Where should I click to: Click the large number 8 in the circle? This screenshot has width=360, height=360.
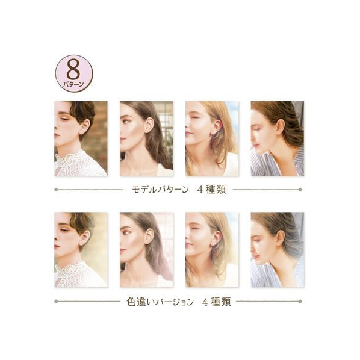click(73, 70)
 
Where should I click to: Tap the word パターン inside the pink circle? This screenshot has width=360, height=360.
click(73, 84)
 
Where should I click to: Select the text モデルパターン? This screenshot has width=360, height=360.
click(160, 190)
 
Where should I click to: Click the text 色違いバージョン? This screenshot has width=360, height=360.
click(160, 302)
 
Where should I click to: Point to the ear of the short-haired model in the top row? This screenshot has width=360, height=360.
click(84, 126)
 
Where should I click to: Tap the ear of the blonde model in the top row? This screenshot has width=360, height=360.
click(216, 127)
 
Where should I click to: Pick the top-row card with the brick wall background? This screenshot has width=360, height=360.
click(81, 138)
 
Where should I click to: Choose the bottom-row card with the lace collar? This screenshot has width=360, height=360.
click(81, 250)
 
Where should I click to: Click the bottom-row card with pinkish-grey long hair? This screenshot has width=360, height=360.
click(146, 250)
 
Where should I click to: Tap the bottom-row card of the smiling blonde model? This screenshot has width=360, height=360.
click(212, 250)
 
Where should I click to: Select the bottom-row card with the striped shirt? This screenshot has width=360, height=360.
click(278, 250)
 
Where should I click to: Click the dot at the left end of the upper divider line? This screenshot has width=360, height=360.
click(56, 190)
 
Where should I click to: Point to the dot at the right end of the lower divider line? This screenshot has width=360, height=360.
click(300, 301)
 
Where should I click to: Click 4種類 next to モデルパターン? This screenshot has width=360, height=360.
click(211, 190)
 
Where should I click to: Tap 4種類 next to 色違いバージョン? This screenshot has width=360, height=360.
click(217, 302)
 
